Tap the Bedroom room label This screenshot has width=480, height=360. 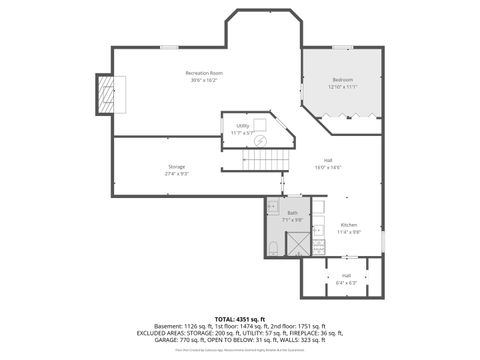tap(342, 79)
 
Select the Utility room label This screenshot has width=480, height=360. tap(242, 126)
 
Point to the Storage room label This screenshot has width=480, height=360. tap(176, 166)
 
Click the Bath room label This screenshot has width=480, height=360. tap(292, 213)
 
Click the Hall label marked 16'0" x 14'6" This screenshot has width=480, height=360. tap(328, 160)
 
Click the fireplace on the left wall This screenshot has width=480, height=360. tap(104, 94)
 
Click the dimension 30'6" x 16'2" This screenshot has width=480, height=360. tap(203, 80)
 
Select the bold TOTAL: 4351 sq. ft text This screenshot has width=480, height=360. tap(240, 317)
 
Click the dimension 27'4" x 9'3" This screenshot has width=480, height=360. tap(176, 173)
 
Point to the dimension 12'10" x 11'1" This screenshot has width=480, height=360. tap(342, 86)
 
